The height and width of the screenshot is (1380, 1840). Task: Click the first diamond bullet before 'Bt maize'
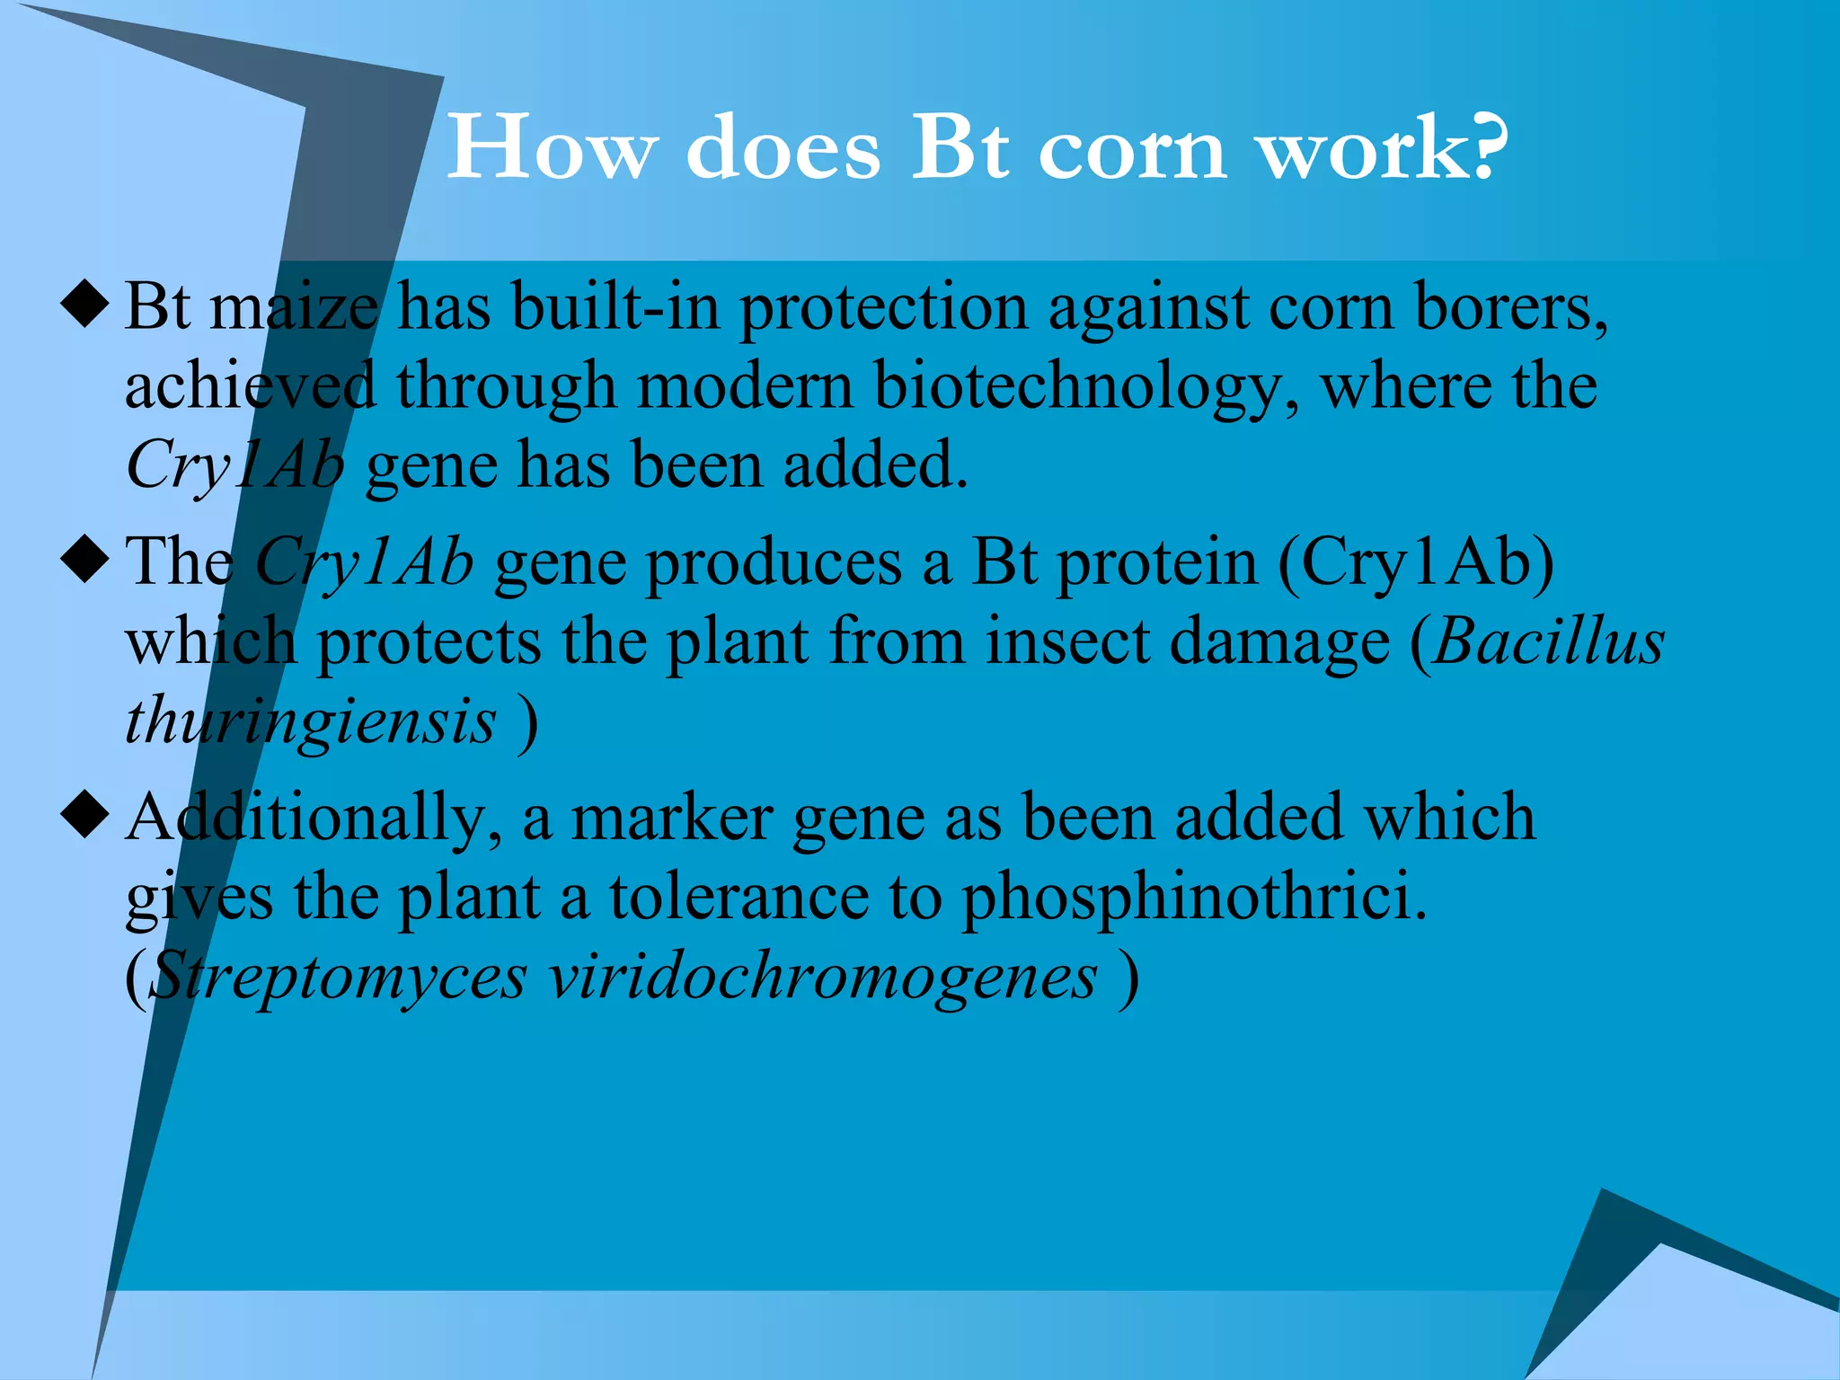pos(85,305)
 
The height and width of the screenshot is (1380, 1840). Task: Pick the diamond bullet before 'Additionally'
pos(85,815)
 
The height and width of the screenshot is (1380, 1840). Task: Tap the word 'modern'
pos(745,386)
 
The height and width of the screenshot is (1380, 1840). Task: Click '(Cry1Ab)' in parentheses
pos(1415,563)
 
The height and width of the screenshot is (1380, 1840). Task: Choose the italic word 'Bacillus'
pos(1549,641)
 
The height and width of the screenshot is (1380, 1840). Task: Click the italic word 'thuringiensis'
pos(310,722)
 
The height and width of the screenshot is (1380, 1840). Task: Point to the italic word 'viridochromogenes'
pos(823,976)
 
